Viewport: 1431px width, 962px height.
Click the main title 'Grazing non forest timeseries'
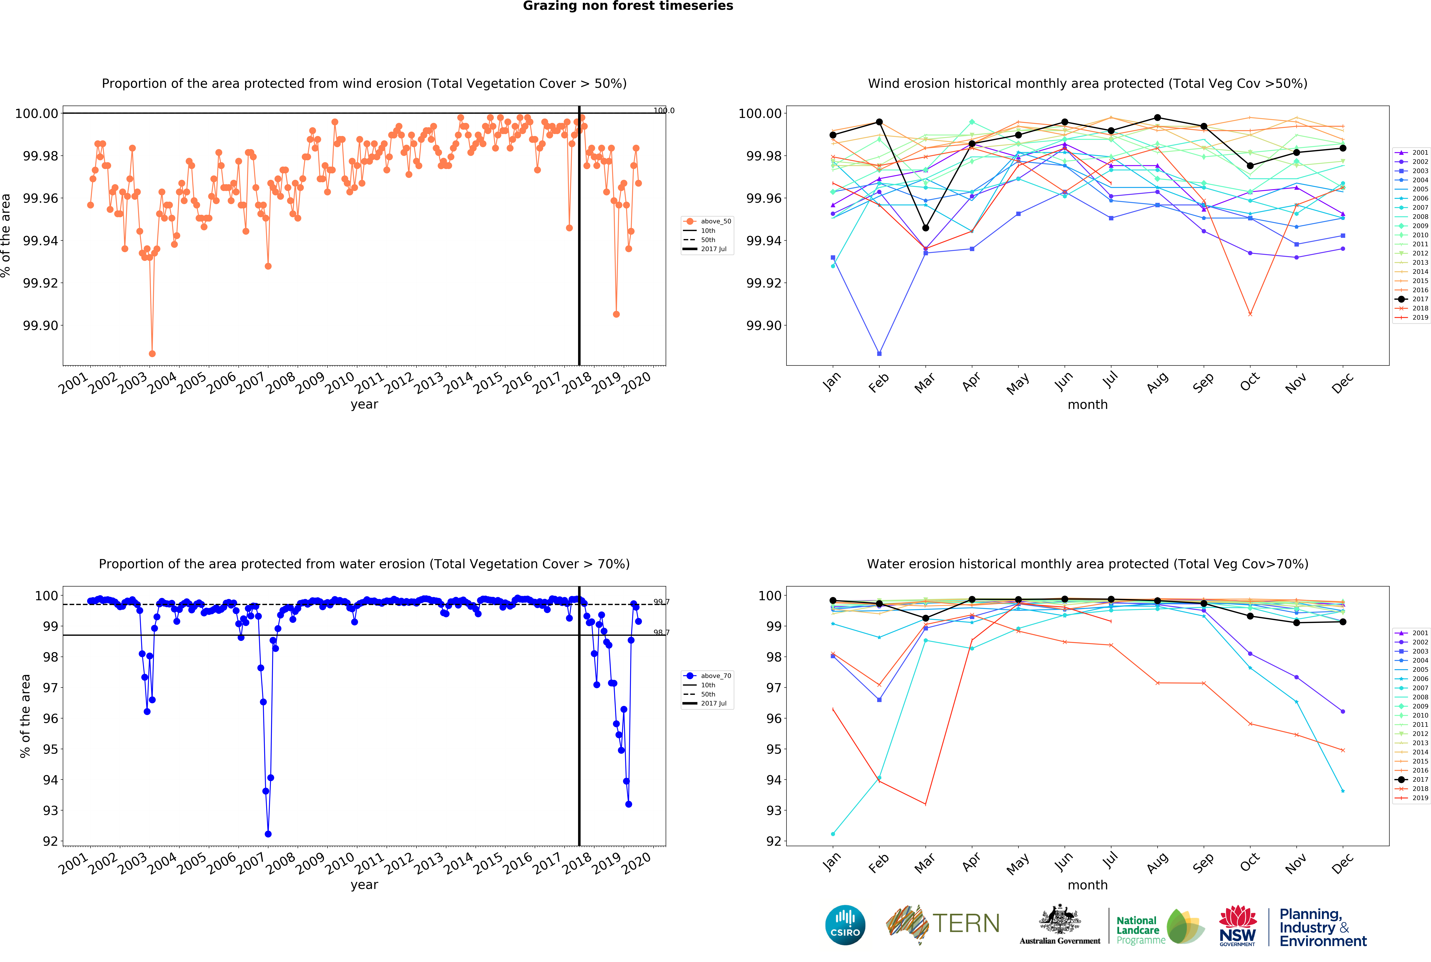(628, 6)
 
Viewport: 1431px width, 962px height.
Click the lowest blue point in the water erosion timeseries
(268, 834)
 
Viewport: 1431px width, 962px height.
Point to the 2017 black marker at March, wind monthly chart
(926, 228)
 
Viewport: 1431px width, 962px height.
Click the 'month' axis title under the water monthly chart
(1088, 885)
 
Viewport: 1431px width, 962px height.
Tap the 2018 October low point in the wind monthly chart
(1250, 314)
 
